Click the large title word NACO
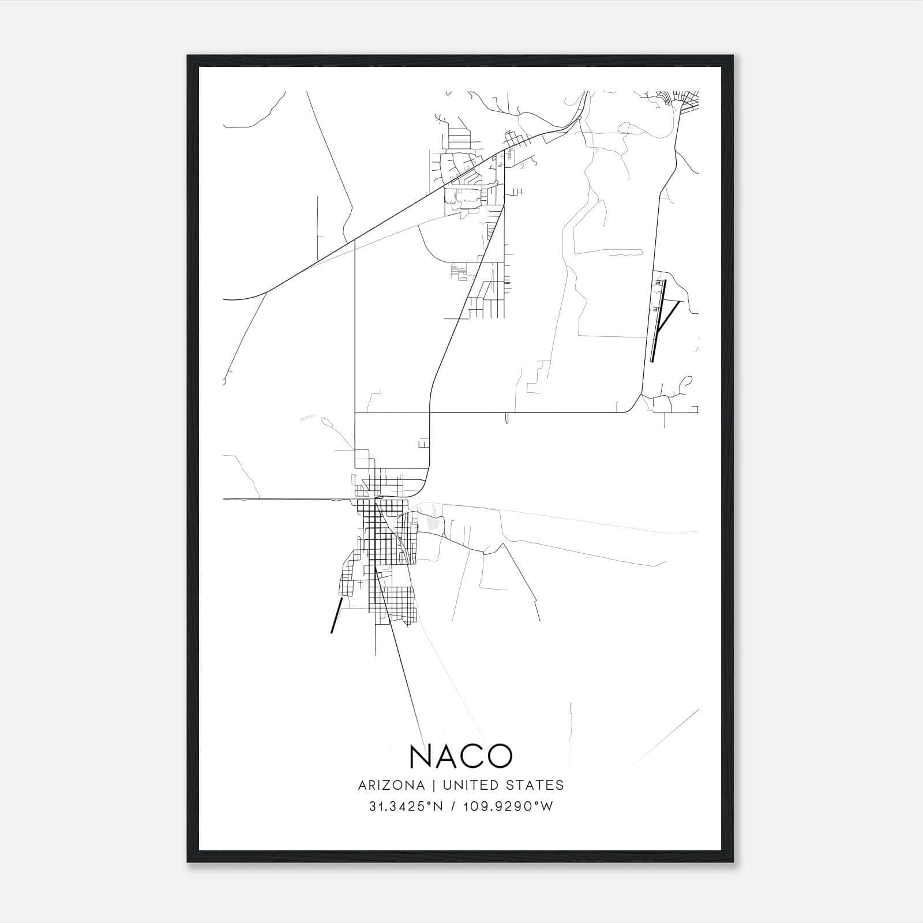click(x=461, y=756)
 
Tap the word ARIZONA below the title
click(x=391, y=785)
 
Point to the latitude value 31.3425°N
click(x=406, y=806)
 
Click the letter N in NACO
click(x=422, y=756)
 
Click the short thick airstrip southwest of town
click(x=336, y=616)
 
